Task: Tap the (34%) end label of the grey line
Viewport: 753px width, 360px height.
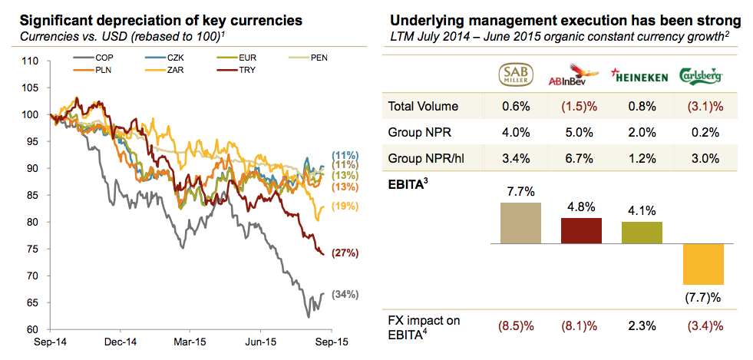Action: pyautogui.click(x=345, y=295)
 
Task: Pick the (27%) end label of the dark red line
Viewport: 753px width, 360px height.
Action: pyautogui.click(x=345, y=253)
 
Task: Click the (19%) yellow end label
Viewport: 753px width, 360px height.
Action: pyautogui.click(x=345, y=206)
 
